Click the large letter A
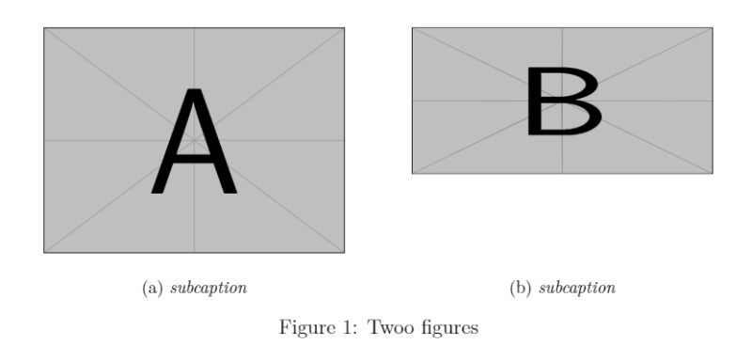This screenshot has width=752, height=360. coord(194,141)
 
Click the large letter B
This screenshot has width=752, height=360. coord(562,101)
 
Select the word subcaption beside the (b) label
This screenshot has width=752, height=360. coord(577,288)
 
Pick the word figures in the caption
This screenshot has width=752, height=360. coord(447,329)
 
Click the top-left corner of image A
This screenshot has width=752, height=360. coord(44,28)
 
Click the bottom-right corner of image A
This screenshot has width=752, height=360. coord(344,252)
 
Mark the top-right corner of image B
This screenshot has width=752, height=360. coord(713,28)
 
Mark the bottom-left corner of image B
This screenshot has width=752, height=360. coord(413,173)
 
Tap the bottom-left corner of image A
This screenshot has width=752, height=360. coord(44,252)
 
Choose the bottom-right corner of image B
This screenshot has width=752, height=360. coord(713,173)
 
